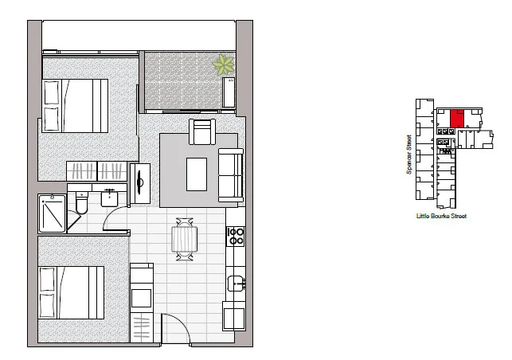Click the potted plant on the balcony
click(x=223, y=65)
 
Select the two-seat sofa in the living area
click(x=230, y=174)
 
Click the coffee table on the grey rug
click(x=197, y=174)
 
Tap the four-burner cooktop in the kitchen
click(x=236, y=235)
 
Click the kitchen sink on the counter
click(x=236, y=283)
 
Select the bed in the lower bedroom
click(x=72, y=292)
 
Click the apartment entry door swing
click(x=175, y=327)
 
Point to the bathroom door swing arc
click(x=115, y=219)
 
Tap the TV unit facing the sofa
click(x=139, y=183)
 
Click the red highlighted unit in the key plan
click(x=457, y=119)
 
